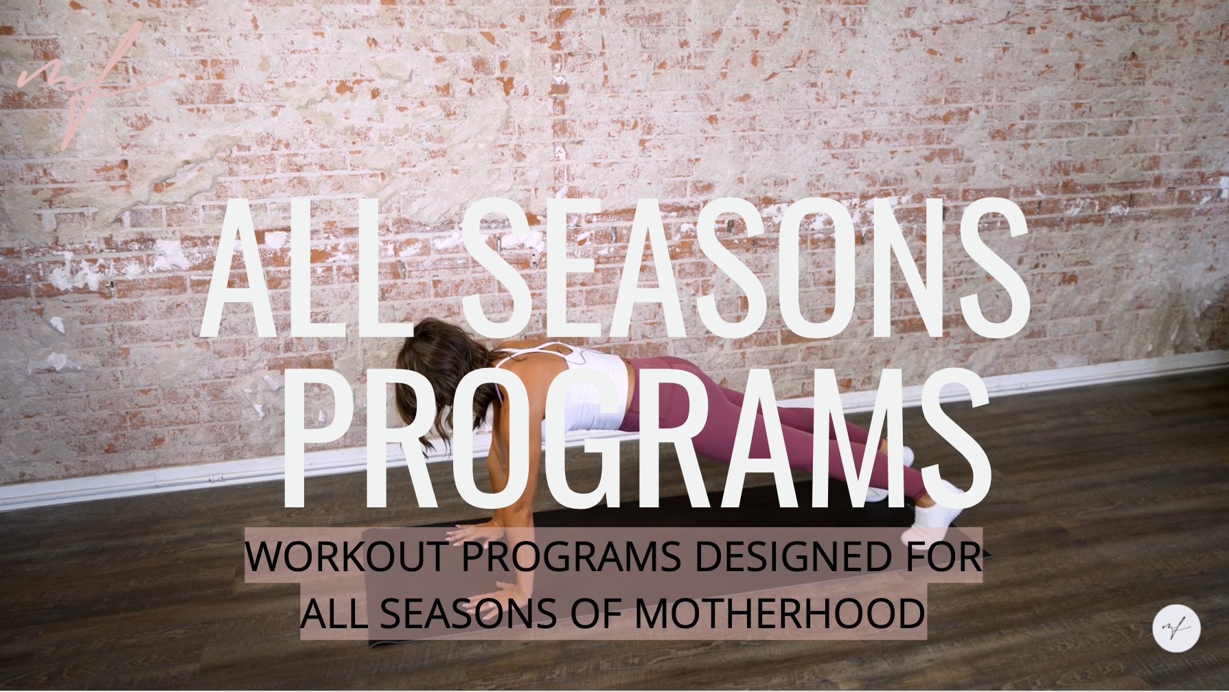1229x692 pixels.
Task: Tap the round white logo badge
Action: click(1176, 627)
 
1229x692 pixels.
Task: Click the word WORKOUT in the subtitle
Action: click(347, 556)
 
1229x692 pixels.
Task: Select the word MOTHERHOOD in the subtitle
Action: click(779, 613)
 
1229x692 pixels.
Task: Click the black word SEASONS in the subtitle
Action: click(468, 613)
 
